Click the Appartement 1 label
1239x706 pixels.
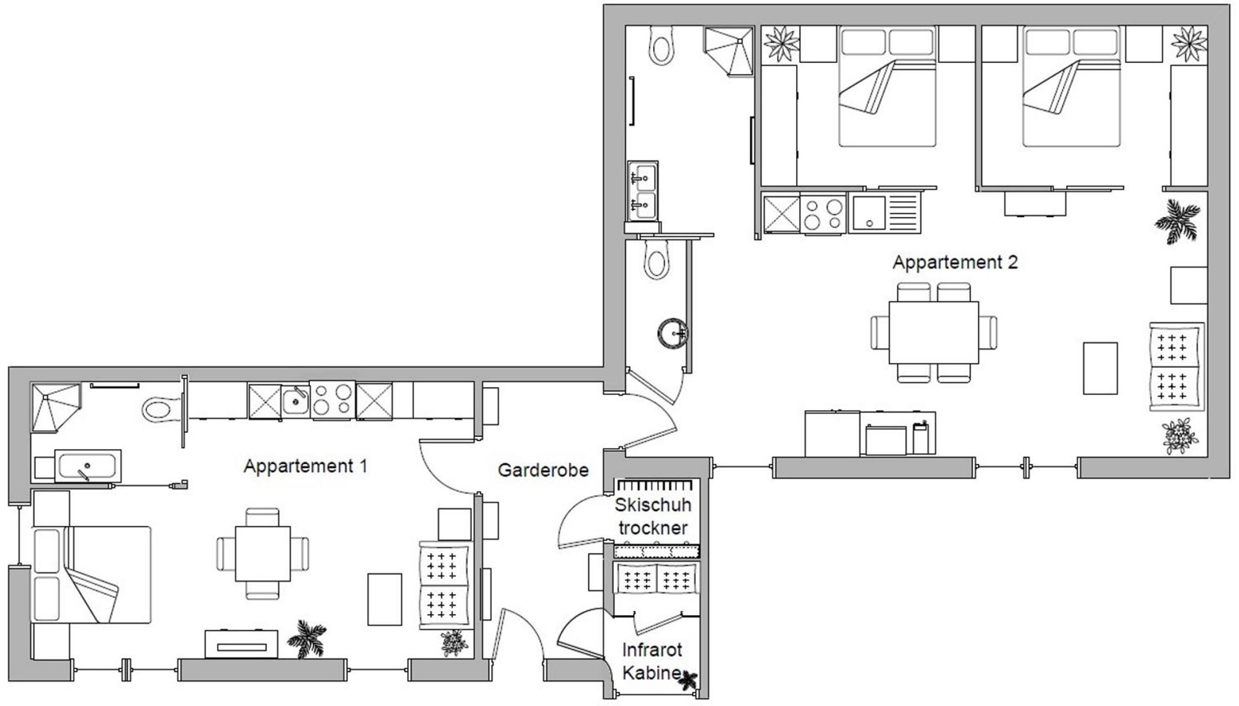(306, 466)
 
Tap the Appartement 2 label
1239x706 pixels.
(955, 262)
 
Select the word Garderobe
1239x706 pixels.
(543, 470)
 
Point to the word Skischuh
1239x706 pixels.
(653, 505)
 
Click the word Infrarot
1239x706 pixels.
(652, 650)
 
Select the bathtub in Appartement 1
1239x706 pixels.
(88, 466)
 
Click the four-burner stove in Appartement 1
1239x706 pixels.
(333, 400)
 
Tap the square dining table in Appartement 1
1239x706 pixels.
(263, 554)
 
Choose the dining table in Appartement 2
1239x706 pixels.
(933, 332)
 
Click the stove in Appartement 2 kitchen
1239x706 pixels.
(823, 214)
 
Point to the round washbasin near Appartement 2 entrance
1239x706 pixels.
(672, 333)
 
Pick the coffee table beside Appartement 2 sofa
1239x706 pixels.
(1101, 368)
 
